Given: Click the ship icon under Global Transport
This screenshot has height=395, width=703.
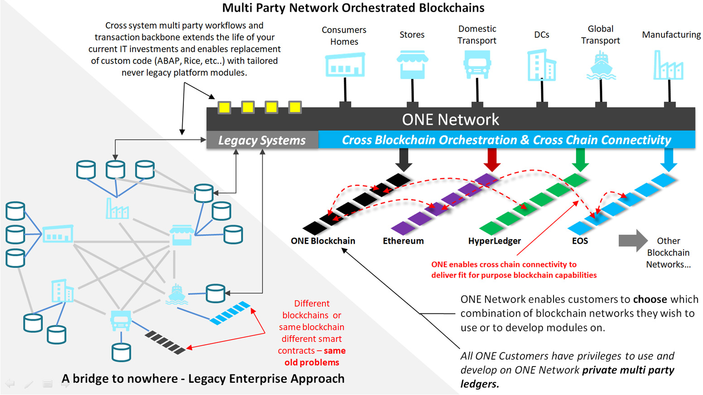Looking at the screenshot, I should (601, 66).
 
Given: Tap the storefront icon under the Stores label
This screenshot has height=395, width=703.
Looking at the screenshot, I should (412, 64).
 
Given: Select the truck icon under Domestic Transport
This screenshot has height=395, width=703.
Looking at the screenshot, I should (477, 64).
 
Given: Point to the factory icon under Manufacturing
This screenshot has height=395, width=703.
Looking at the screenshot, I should (668, 66).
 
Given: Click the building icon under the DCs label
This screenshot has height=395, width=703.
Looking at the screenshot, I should (541, 66).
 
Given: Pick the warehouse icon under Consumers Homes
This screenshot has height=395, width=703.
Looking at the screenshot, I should (345, 65).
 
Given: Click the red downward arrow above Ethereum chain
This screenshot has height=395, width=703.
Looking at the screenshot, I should (491, 159).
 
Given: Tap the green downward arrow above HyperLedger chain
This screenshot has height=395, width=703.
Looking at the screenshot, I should (580, 159).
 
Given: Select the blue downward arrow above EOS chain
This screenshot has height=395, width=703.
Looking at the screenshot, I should (668, 159).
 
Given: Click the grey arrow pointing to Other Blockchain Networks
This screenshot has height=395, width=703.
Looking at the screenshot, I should (633, 241).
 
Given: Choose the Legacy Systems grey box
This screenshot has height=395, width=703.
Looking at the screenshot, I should (262, 140).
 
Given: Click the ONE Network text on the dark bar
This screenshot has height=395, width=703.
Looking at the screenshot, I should (450, 120).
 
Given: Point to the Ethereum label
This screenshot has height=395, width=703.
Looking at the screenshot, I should (403, 241).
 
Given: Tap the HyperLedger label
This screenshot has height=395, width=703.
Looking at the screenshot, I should (494, 241).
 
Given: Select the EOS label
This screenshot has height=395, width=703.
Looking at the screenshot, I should (580, 241).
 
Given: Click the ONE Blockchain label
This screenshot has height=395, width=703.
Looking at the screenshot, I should (323, 241).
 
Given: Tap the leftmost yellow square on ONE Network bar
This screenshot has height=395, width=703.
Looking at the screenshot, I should (224, 107).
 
